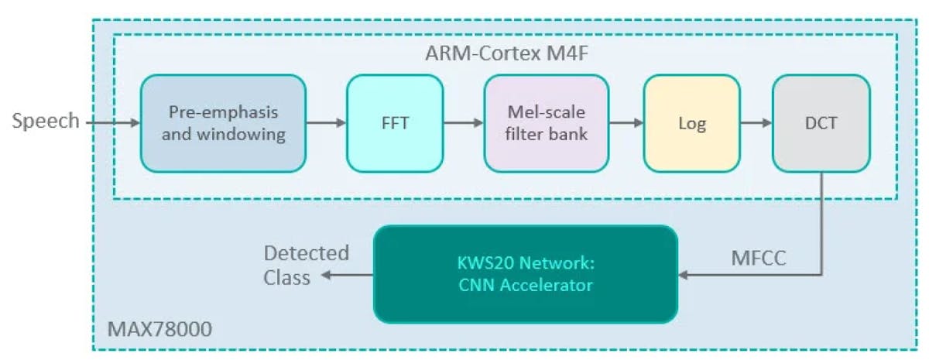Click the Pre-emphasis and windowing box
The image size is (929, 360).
pos(222,123)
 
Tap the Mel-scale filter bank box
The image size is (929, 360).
pos(547,123)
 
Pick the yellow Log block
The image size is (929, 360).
pos(691,123)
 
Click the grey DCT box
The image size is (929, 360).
pos(820,123)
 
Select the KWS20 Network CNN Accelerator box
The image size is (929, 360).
pos(525,274)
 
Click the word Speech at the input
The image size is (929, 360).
pos(46,121)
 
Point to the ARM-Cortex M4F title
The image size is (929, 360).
pos(505,55)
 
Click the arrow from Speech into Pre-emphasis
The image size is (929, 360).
pos(112,122)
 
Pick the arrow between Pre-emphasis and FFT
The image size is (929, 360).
pos(325,122)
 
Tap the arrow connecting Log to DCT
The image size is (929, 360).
pos(756,122)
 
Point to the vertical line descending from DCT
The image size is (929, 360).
pos(821,225)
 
